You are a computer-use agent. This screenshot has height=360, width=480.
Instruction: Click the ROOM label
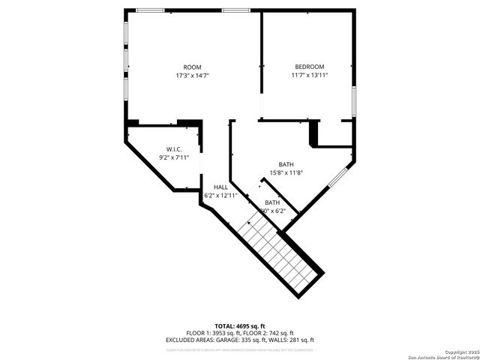pos(193,67)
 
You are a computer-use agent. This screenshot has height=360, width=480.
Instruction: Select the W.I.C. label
pos(174,149)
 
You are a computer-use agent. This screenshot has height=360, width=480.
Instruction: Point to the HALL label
pos(220,187)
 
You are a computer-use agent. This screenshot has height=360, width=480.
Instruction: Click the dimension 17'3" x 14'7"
pos(193,75)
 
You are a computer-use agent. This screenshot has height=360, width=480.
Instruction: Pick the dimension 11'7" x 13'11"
pos(310,75)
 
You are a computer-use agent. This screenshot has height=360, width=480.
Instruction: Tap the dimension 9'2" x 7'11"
pos(174,157)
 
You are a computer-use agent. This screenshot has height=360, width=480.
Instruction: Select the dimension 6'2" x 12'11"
pos(220,195)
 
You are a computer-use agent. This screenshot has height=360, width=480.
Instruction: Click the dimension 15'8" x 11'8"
pos(286,172)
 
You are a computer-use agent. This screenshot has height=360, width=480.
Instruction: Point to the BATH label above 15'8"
pos(286,164)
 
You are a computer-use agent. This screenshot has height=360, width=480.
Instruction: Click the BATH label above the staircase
pos(272,202)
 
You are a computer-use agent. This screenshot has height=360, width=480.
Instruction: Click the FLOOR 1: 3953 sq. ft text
pos(213,333)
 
